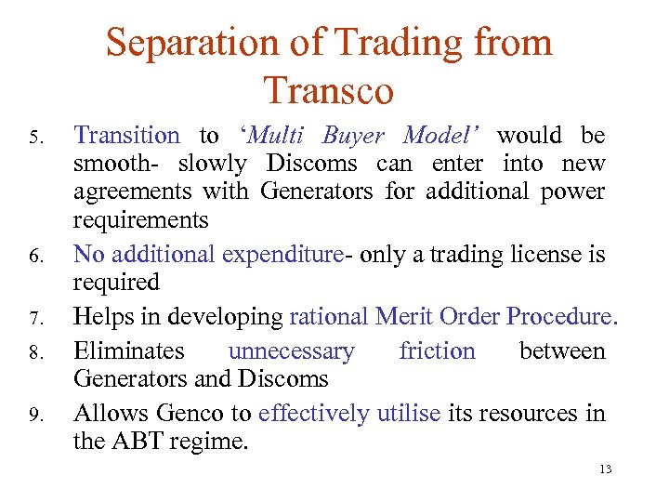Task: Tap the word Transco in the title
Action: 329,91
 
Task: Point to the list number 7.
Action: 35,320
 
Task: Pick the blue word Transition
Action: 126,136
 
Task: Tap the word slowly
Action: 212,165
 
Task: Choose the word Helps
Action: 102,316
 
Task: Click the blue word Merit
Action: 407,316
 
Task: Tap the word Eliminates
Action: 129,351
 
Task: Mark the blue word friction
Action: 437,351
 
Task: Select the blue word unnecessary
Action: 291,351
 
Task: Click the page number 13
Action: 606,469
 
